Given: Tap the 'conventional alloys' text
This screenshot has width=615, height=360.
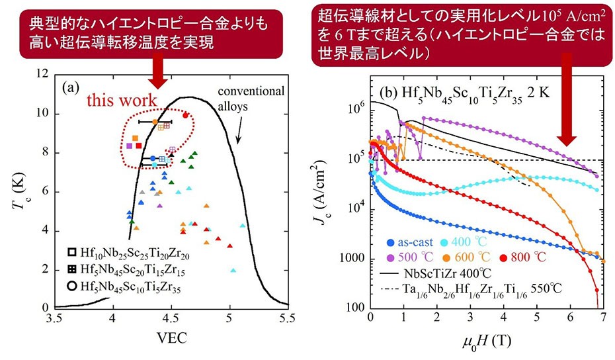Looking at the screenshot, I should coord(251,97).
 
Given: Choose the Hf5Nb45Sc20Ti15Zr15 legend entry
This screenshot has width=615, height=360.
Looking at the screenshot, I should coord(126,270).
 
